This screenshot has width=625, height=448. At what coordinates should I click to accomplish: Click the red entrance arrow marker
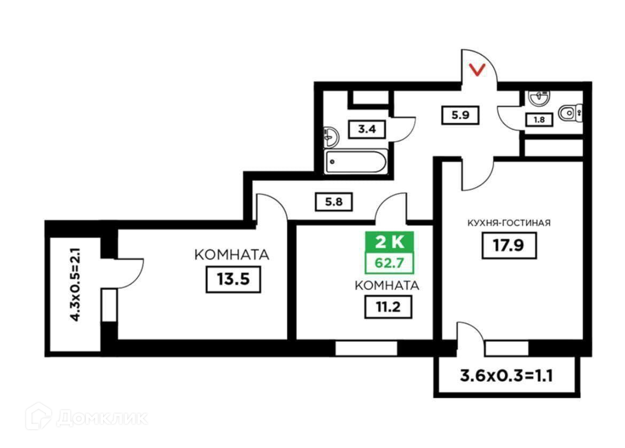[478, 69]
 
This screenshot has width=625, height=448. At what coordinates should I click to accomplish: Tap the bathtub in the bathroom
[356, 161]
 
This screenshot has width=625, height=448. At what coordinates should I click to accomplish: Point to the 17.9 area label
[509, 246]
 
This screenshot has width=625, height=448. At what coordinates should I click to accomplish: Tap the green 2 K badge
[389, 243]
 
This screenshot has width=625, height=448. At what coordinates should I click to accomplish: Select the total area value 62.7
[389, 262]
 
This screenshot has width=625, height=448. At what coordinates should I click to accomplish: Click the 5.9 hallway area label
[459, 115]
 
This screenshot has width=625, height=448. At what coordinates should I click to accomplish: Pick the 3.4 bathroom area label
[366, 129]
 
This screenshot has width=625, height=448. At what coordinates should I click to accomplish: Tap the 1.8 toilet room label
[540, 120]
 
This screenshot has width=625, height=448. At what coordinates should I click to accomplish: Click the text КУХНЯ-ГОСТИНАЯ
[509, 223]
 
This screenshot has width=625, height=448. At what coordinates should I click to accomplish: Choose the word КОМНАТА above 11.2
[387, 285]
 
